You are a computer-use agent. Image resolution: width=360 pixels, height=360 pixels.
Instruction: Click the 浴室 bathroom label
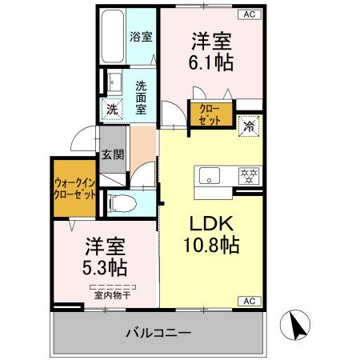(x=142, y=36)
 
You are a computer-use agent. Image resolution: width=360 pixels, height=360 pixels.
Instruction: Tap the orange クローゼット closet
(x=210, y=114)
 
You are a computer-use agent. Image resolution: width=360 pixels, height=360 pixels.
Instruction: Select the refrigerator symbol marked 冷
(x=250, y=125)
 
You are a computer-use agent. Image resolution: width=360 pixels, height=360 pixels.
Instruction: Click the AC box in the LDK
(x=247, y=300)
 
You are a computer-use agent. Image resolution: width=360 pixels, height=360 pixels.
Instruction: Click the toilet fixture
(x=121, y=203)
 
